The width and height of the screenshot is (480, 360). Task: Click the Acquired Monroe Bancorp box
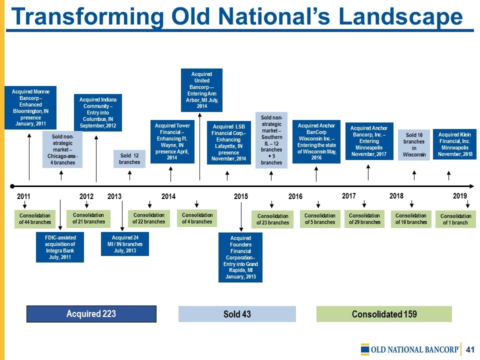click(30, 107)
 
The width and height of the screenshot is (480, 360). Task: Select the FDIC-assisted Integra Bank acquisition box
click(60, 247)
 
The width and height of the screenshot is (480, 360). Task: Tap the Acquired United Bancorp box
click(201, 90)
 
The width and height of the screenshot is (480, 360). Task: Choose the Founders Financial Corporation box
click(240, 257)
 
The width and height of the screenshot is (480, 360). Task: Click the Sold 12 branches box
click(129, 159)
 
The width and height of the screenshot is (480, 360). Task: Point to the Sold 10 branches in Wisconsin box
click(414, 145)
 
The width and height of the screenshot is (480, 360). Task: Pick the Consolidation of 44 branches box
click(35, 219)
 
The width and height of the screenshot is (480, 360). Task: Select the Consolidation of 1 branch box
click(455, 219)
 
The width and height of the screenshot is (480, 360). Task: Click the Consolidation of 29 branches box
click(364, 219)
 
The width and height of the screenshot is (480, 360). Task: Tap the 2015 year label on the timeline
click(241, 196)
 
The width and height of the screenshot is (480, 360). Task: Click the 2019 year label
click(460, 195)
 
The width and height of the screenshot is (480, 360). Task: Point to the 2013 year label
click(114, 196)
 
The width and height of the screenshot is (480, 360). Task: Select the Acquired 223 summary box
click(91, 314)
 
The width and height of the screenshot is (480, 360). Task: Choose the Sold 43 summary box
click(237, 314)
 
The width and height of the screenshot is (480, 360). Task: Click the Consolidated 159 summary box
click(384, 314)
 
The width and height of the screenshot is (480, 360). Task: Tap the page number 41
click(470, 349)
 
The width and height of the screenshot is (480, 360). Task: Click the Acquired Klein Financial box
click(454, 144)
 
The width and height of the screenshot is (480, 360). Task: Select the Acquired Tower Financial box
click(172, 141)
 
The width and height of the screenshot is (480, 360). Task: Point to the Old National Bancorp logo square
click(365, 349)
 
